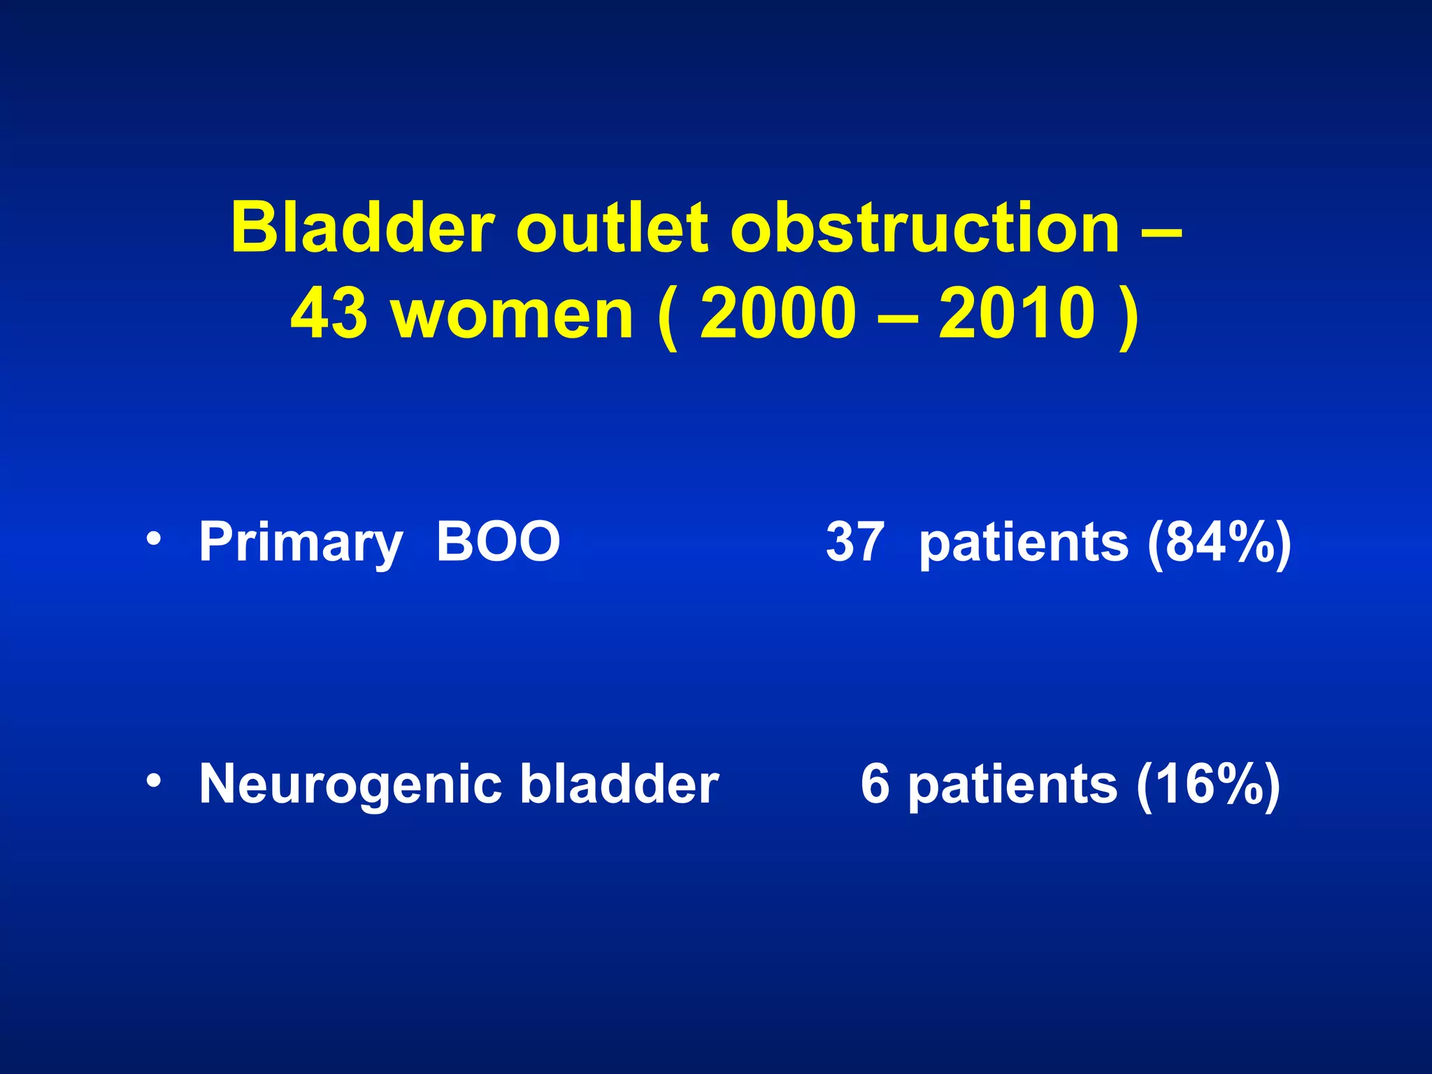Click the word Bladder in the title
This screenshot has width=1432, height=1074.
pos(362,228)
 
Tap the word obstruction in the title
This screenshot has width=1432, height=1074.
pos(925,228)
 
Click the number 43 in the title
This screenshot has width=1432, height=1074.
pos(329,314)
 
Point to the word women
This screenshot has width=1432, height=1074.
pos(513,314)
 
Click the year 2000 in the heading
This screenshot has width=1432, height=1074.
pos(778,314)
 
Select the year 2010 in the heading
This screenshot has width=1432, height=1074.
pos(1017,314)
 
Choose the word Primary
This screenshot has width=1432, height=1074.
pos(301,543)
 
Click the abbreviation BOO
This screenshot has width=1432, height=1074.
pos(498,541)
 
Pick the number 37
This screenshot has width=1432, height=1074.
pos(854,541)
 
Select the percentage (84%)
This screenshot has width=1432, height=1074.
pos(1219,543)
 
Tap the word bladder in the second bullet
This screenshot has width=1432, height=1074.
pos(619,783)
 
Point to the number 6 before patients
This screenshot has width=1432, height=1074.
pos(875,783)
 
